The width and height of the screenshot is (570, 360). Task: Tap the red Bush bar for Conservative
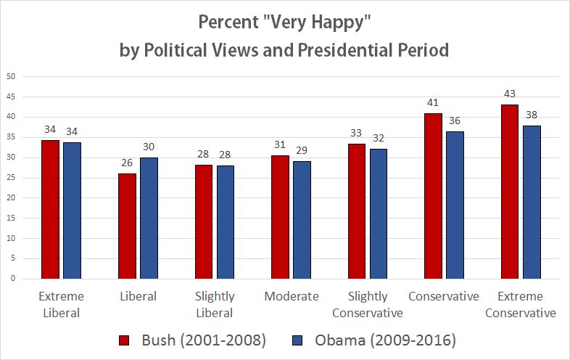pyautogui.click(x=433, y=196)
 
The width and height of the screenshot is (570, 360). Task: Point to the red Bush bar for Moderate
pyautogui.click(x=280, y=217)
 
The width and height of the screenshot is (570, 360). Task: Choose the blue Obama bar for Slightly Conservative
pyautogui.click(x=379, y=213)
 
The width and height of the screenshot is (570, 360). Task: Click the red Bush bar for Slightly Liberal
pyautogui.click(x=203, y=221)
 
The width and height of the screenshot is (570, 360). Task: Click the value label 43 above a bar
pyautogui.click(x=510, y=94)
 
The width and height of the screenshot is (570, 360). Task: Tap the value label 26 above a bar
pyautogui.click(x=127, y=163)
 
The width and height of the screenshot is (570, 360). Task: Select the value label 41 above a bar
pyautogui.click(x=433, y=103)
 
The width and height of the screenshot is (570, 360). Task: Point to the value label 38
pyautogui.click(x=532, y=115)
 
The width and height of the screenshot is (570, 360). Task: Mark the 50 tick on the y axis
pyautogui.click(x=10, y=76)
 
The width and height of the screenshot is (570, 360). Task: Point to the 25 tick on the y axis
pyautogui.click(x=10, y=177)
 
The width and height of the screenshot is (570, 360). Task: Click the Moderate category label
pyautogui.click(x=292, y=296)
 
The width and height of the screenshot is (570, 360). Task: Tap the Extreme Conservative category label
pyautogui.click(x=520, y=305)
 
